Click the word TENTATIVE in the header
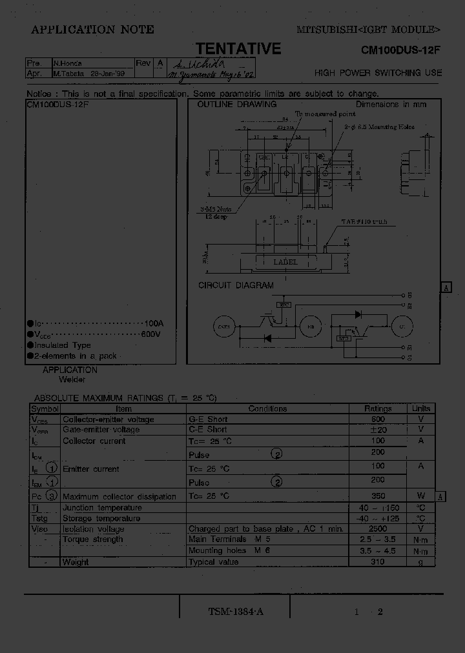click(x=238, y=49)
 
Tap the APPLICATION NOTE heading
click(x=92, y=29)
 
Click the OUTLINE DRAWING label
click(x=236, y=104)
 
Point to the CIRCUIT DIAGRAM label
click(x=236, y=285)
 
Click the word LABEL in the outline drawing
click(x=285, y=262)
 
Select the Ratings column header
click(x=378, y=408)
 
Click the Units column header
click(x=421, y=408)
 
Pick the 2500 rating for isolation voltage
click(x=378, y=528)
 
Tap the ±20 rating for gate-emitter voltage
click(x=378, y=430)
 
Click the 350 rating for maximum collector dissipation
click(x=378, y=496)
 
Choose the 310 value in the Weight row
click(x=378, y=562)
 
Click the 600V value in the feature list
click(x=150, y=334)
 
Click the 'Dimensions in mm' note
click(x=391, y=104)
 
